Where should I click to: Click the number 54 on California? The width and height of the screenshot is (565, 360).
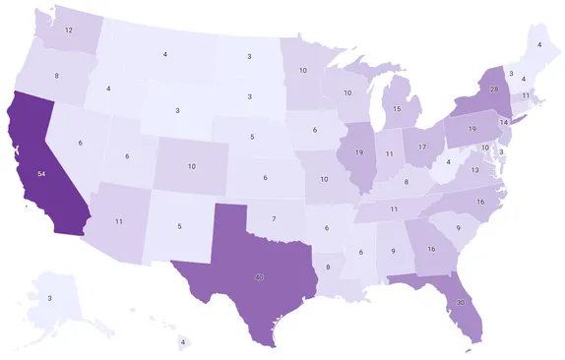(x=40, y=173)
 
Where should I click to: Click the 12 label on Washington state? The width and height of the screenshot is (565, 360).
(x=68, y=30)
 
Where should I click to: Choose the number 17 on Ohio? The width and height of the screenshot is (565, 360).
(x=422, y=147)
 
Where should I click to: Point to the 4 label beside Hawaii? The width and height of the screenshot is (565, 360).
(x=182, y=343)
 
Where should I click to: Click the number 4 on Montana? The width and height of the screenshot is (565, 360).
(x=164, y=53)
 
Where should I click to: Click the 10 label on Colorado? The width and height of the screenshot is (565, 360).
(x=191, y=166)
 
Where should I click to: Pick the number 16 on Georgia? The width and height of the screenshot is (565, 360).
(x=430, y=249)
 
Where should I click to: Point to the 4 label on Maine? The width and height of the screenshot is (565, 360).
(x=537, y=45)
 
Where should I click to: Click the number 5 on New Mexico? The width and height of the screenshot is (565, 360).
(x=179, y=226)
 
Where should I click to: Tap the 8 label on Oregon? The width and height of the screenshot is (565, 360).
(x=56, y=76)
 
